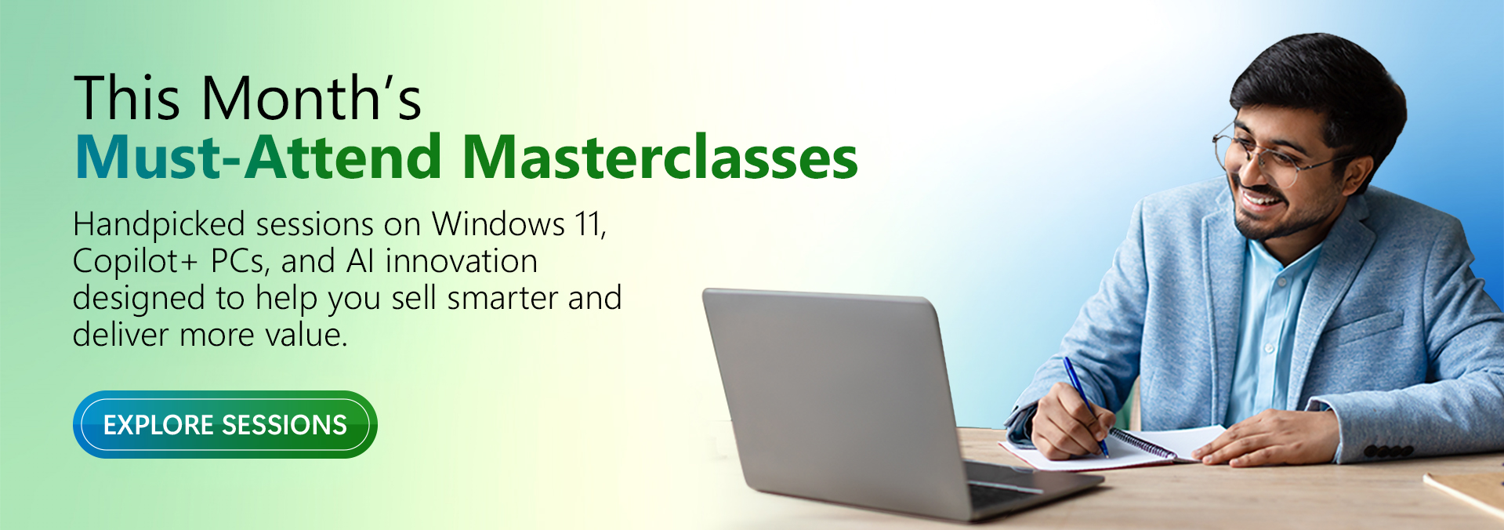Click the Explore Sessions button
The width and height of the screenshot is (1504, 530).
click(225, 424)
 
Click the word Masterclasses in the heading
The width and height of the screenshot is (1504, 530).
click(660, 158)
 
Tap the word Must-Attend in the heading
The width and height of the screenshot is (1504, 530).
click(259, 158)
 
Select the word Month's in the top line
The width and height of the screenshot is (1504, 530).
click(312, 98)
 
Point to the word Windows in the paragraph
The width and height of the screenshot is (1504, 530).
click(498, 224)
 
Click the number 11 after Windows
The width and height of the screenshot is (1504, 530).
click(590, 225)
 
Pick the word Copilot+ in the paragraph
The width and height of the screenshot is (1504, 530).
click(136, 262)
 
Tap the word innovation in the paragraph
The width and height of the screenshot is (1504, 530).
click(461, 261)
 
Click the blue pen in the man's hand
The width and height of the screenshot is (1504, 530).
click(1085, 406)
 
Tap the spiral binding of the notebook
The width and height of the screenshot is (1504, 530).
click(1141, 443)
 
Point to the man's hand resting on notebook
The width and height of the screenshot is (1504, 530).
click(1262, 437)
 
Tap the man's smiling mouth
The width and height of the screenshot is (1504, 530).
click(1261, 200)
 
